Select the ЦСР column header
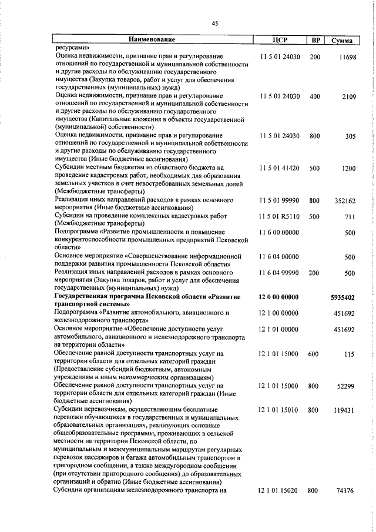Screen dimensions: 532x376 (279, 40)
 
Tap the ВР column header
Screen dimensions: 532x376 (315, 40)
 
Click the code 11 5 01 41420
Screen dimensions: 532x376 (279, 168)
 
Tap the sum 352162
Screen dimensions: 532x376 (345, 200)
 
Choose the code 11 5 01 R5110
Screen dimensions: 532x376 (279, 216)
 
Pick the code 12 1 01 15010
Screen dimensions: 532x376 (279, 410)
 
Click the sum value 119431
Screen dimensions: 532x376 (345, 410)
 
